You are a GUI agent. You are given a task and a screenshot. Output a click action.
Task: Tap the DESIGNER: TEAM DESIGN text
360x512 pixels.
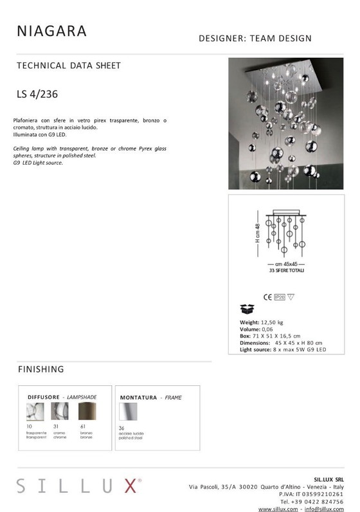255,39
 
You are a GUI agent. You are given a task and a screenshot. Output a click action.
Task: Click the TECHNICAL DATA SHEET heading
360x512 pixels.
69,66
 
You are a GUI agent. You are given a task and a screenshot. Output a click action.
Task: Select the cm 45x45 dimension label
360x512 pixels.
287,264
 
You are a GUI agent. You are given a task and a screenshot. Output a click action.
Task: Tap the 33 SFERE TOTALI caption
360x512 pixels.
287,271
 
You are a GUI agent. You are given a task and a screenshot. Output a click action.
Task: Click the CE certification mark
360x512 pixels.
267,297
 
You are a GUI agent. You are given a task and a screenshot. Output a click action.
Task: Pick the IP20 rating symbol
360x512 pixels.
280,297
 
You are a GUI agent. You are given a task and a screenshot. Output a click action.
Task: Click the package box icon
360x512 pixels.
247,309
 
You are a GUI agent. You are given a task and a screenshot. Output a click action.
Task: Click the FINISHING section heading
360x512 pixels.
40,369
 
